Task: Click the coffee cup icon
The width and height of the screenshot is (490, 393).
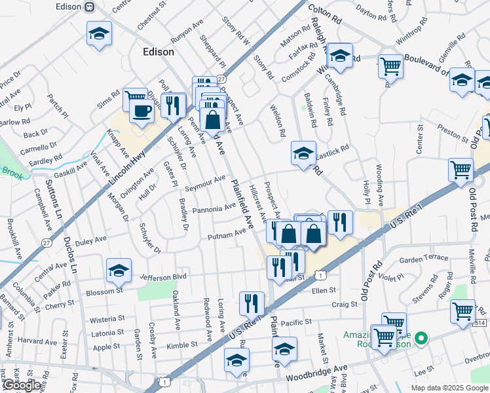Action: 140,110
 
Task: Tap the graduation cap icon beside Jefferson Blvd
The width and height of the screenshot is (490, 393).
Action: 119,269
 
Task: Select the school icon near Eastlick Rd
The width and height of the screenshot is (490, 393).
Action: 303,154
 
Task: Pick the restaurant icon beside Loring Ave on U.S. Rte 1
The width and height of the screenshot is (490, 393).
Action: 252,303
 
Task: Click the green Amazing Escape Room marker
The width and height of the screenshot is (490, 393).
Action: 421,339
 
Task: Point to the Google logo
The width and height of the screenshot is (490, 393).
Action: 22,384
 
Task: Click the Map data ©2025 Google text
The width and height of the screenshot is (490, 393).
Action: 449,387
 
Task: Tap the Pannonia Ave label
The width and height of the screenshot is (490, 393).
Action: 214,209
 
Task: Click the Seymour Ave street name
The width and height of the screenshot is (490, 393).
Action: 205,183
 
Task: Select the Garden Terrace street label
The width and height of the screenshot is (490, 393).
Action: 422,259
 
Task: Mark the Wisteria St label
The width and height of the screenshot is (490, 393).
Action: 107,318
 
